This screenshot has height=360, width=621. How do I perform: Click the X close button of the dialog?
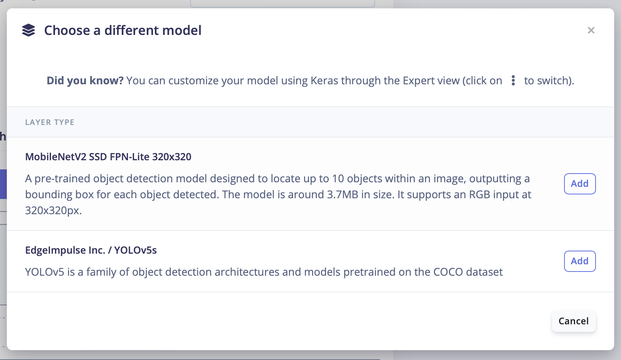(591, 30)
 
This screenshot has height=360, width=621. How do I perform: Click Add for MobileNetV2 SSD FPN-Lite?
(580, 183)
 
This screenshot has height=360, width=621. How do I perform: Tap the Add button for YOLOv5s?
(580, 261)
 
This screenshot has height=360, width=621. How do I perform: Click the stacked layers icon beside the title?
(28, 30)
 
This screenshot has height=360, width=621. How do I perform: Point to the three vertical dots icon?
(513, 81)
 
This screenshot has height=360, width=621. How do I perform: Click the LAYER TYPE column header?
(50, 122)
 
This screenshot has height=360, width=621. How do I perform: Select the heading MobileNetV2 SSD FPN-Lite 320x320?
(108, 157)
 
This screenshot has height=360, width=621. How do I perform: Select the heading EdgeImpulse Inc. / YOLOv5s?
(91, 250)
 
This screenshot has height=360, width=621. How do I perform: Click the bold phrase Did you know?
(85, 81)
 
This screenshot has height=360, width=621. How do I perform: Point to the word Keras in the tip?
(324, 81)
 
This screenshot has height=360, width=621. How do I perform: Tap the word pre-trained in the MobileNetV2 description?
(62, 179)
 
